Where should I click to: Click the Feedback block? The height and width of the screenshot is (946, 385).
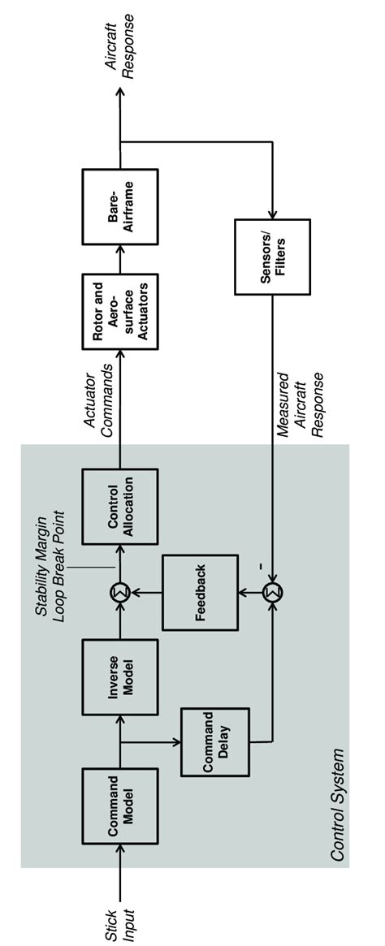tap(201, 593)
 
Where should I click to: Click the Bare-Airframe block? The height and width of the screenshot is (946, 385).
tap(119, 207)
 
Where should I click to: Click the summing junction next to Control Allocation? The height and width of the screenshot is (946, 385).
tap(119, 592)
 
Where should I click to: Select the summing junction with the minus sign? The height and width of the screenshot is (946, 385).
tap(271, 592)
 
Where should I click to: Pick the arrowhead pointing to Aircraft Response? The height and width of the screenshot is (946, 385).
tap(119, 90)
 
